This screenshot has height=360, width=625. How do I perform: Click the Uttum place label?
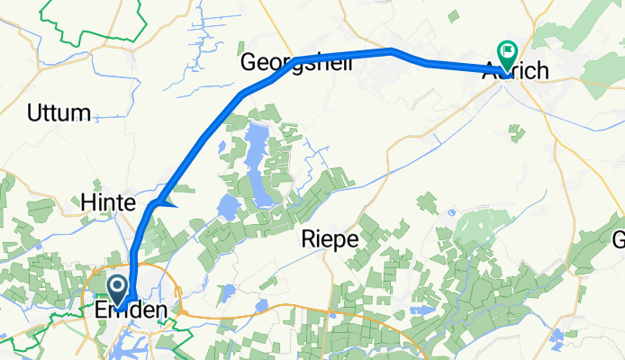click(59, 113)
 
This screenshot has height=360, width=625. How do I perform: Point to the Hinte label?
click(107, 202)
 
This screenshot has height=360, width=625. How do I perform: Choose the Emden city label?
click(131, 310)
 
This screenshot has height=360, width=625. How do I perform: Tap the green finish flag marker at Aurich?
click(506, 54)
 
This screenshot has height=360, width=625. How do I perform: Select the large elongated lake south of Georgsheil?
click(258, 166)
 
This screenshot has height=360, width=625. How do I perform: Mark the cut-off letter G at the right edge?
click(620, 239)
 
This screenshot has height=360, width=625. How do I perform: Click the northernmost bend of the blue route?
click(392, 50)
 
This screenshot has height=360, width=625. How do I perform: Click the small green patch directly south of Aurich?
click(516, 133)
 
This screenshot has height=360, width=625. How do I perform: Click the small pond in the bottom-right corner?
click(557, 337)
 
